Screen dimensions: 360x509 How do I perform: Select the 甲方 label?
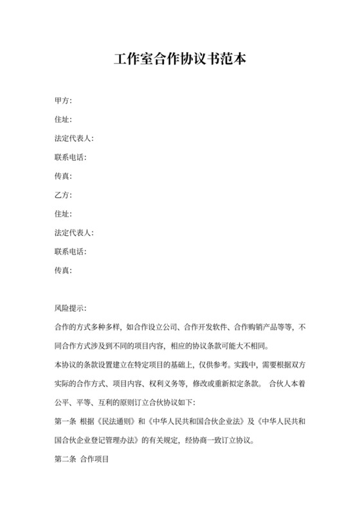(x=63, y=101)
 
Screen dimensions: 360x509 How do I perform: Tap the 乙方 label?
(x=63, y=195)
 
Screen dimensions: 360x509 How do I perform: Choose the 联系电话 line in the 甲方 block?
(x=71, y=157)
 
